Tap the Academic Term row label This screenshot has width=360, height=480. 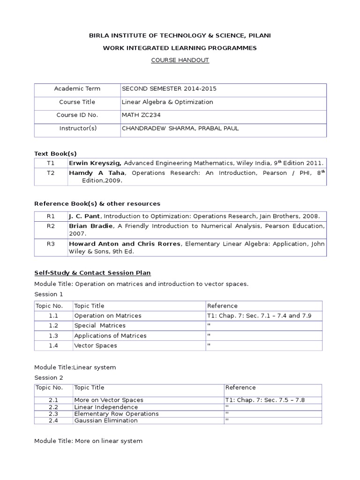[x=77, y=89]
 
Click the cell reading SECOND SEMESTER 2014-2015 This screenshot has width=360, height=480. [x=169, y=89]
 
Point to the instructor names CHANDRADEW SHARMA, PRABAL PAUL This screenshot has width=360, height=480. [x=180, y=128]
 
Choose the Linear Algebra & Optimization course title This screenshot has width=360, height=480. [x=167, y=102]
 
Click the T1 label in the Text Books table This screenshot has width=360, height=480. [x=51, y=163]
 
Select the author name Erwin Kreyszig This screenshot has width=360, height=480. [x=95, y=163]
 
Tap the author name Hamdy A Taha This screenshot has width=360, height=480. [x=97, y=173]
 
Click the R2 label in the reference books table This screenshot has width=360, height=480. [x=51, y=226]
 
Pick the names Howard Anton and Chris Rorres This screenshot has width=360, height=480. [x=125, y=244]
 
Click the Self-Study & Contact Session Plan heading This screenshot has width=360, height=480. [x=92, y=273]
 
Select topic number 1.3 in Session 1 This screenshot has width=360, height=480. [x=53, y=336]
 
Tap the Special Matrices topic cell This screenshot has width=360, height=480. [x=100, y=325]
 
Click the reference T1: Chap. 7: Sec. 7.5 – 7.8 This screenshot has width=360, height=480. [x=265, y=400]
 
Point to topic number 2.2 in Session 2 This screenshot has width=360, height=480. [x=53, y=407]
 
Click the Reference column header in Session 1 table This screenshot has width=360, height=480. [x=222, y=306]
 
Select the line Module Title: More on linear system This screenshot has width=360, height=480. [x=88, y=441]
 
